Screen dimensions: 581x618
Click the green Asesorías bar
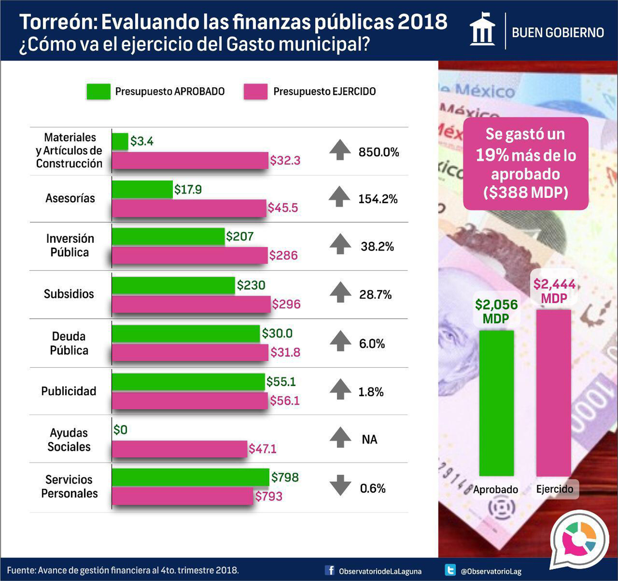[x=142, y=189]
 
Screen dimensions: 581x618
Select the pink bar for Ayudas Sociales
[x=179, y=449]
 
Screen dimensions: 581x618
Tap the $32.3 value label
[x=285, y=160]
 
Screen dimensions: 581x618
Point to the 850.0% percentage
[x=379, y=152]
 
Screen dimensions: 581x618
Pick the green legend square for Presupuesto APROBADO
[x=98, y=91]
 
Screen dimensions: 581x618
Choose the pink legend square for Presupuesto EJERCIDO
[x=256, y=91]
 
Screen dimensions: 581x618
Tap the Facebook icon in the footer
[x=330, y=570]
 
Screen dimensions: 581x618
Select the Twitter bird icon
[x=450, y=570]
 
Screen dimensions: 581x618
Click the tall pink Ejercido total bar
[x=553, y=393]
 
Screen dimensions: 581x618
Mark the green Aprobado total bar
[x=496, y=403]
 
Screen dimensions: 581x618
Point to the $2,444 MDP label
[x=554, y=291]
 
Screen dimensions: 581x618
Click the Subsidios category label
[x=69, y=294]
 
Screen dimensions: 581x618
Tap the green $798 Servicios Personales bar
[x=190, y=477]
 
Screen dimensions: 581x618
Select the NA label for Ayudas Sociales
[x=369, y=439]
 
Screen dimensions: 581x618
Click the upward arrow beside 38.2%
[x=340, y=244]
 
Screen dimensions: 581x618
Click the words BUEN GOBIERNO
[x=558, y=32]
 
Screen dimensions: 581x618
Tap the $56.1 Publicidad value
[x=285, y=400]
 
